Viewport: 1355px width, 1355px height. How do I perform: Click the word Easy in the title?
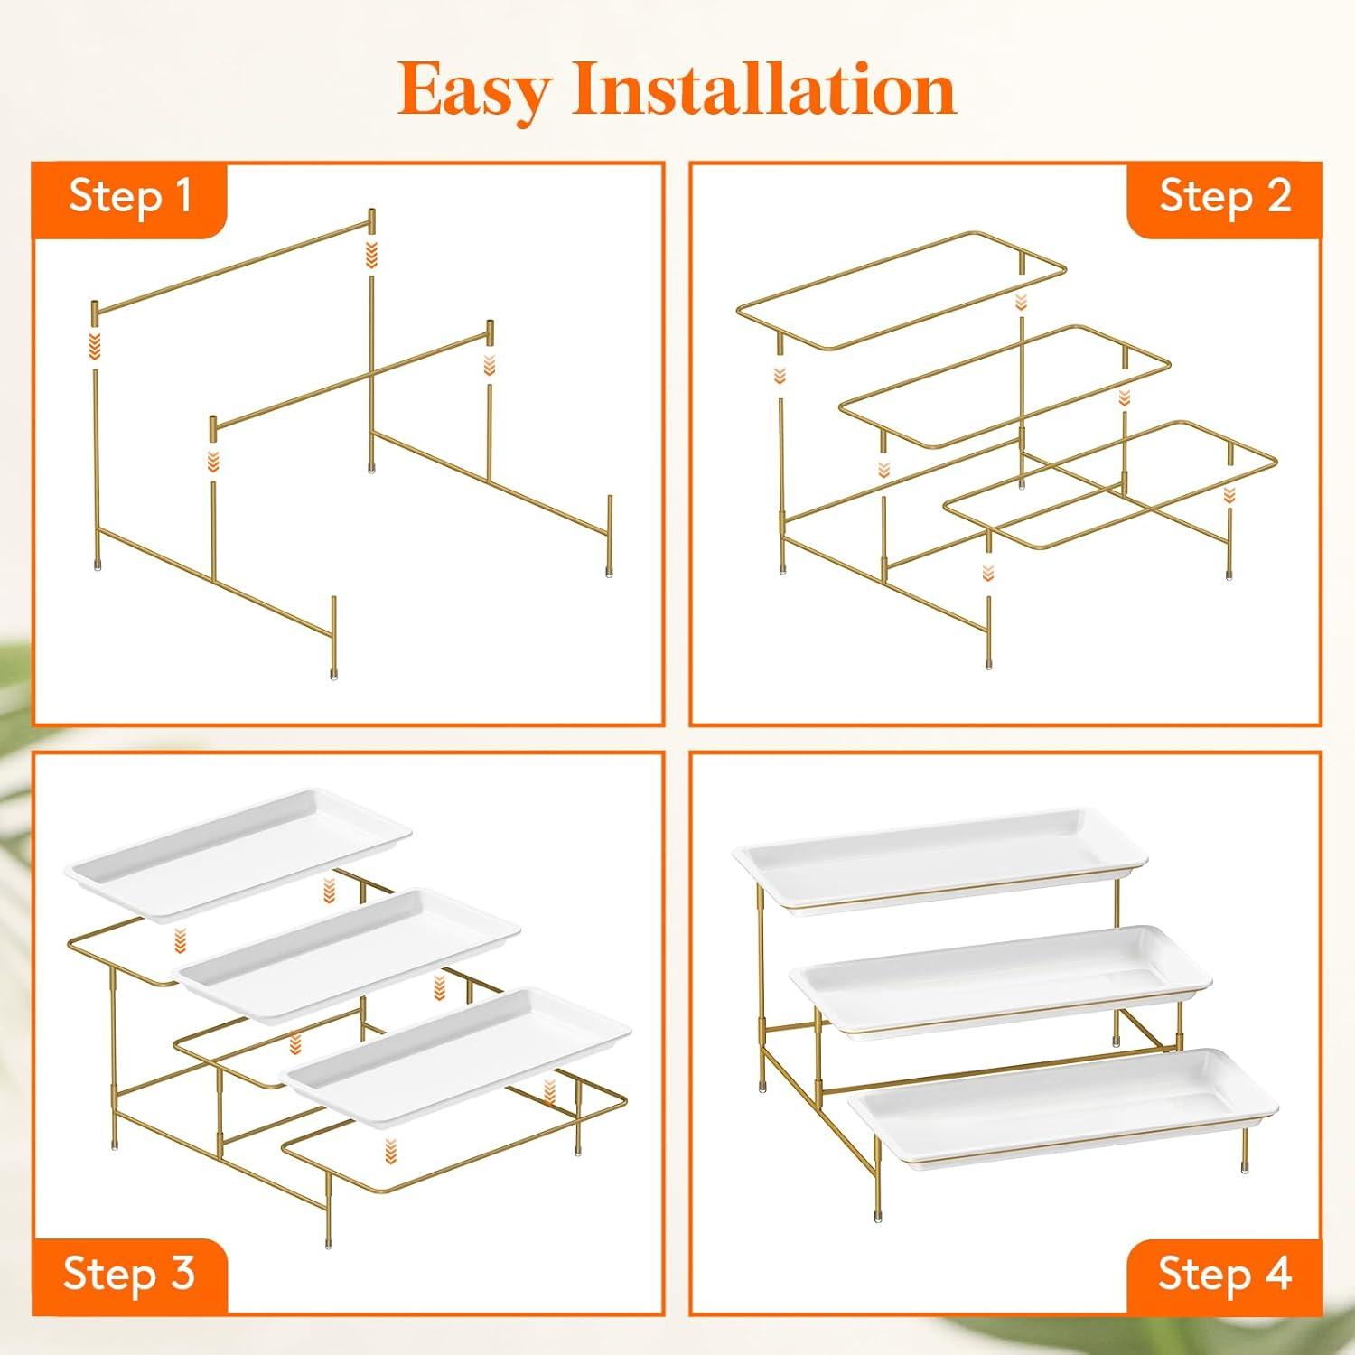click(475, 91)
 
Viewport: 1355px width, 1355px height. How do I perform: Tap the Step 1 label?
click(131, 195)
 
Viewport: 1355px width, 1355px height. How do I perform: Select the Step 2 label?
click(1225, 196)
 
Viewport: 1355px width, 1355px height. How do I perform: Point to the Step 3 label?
click(129, 1274)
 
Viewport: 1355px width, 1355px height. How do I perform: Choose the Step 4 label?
click(1225, 1274)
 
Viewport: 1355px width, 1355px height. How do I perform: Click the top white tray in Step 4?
click(940, 858)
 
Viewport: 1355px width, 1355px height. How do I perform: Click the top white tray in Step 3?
click(238, 854)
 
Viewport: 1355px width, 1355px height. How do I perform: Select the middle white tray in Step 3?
click(349, 956)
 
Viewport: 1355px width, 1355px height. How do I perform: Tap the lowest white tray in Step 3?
click(458, 1057)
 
